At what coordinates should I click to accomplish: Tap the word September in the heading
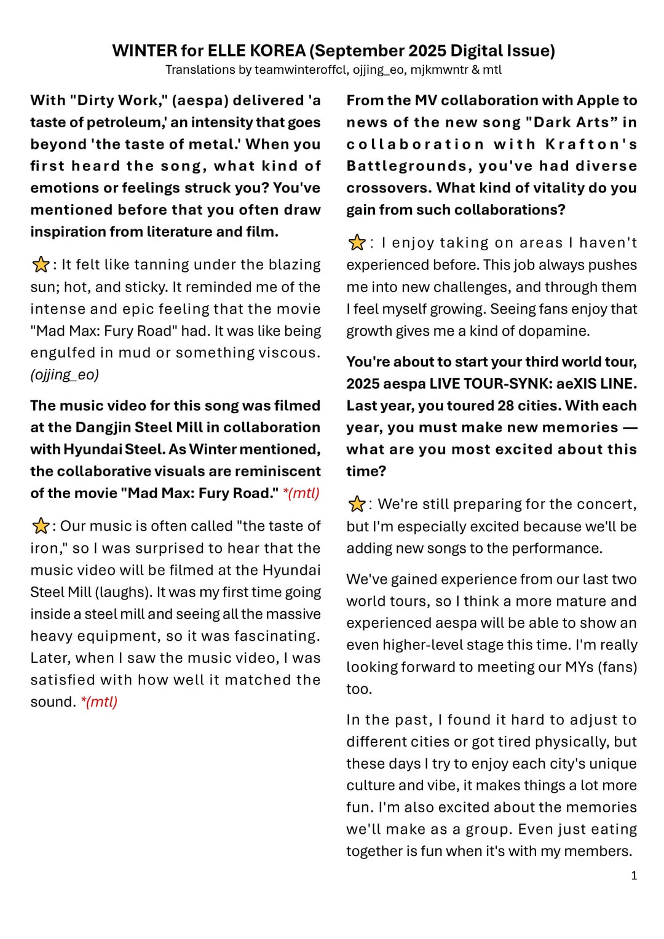click(x=362, y=50)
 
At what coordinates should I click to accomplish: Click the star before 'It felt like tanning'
click(x=40, y=265)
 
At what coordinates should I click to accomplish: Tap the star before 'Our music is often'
click(x=40, y=526)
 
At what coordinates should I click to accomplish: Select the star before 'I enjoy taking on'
click(x=356, y=243)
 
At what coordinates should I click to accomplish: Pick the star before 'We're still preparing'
click(x=356, y=504)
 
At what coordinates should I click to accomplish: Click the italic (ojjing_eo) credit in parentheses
click(x=65, y=374)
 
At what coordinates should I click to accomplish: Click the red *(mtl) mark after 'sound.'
click(x=99, y=702)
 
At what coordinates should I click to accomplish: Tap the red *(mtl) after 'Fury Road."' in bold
click(x=301, y=493)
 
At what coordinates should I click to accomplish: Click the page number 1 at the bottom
click(x=634, y=876)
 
